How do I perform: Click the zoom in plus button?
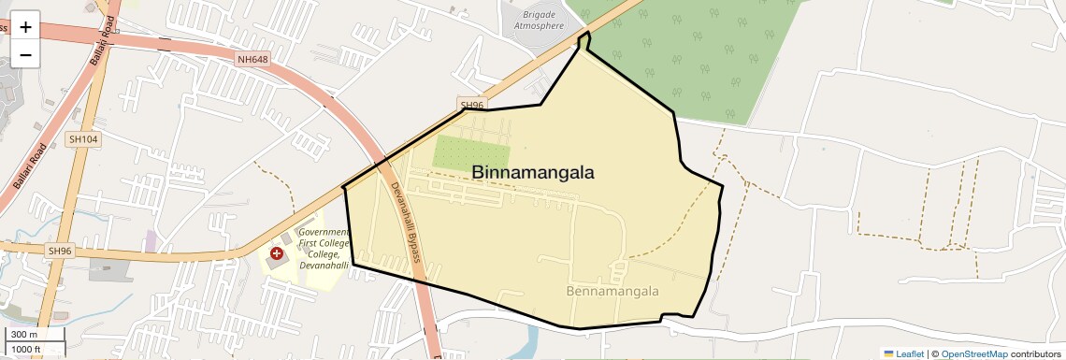point(25,25)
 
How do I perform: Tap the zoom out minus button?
point(25,54)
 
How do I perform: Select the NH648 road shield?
point(252,60)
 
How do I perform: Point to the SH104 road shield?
point(83,138)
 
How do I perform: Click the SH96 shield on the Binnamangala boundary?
point(472,105)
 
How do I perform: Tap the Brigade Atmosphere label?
point(540,21)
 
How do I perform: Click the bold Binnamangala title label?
point(533,172)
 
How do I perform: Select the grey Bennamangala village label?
point(612,291)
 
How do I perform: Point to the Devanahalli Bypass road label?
point(405,222)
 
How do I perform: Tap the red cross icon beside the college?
point(277,253)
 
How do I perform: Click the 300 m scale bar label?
point(24,334)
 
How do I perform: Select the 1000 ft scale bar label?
point(26,349)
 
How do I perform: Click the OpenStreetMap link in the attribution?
point(973,353)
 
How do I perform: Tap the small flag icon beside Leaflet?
point(888,353)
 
